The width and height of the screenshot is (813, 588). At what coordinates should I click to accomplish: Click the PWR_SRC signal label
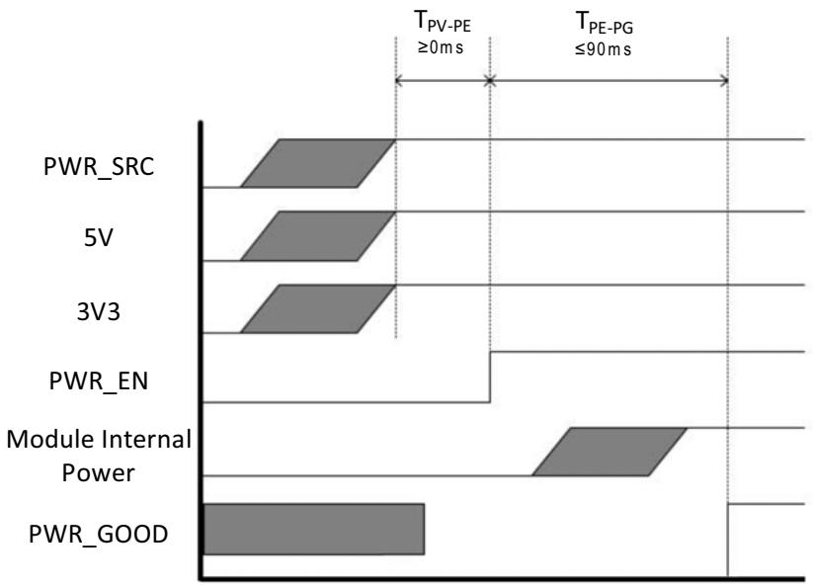(x=99, y=167)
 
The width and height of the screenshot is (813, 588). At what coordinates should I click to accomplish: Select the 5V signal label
(x=99, y=238)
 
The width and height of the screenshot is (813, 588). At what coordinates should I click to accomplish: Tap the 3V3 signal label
(x=99, y=311)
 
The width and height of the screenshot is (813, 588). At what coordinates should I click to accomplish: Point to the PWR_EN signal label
(x=99, y=381)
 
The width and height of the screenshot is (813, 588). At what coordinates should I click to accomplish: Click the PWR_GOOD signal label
(x=99, y=534)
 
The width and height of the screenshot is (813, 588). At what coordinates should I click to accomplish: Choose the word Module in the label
(x=50, y=439)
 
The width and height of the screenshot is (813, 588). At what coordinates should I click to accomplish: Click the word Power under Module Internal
(x=99, y=473)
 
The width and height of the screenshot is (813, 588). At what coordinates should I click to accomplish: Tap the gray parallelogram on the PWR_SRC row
(x=318, y=163)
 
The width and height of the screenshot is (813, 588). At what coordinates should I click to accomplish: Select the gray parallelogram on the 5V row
(x=318, y=236)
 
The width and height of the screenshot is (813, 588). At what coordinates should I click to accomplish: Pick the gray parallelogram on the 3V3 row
(x=318, y=309)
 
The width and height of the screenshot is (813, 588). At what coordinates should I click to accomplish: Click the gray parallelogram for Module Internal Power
(x=610, y=452)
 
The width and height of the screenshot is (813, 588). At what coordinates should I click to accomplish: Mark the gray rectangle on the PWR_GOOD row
(x=314, y=529)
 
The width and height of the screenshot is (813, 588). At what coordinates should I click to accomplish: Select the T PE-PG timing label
(x=605, y=23)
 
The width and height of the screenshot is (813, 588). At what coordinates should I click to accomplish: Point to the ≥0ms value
(x=441, y=47)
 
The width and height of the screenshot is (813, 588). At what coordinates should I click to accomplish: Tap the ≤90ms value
(x=603, y=49)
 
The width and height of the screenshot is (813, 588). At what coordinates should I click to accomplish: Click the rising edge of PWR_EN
(x=491, y=377)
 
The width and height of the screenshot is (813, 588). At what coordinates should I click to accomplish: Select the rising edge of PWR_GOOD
(x=728, y=540)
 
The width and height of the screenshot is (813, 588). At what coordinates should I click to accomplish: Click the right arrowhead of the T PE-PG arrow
(x=724, y=80)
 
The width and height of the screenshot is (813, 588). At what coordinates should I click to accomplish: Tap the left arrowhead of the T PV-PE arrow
(x=399, y=80)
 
